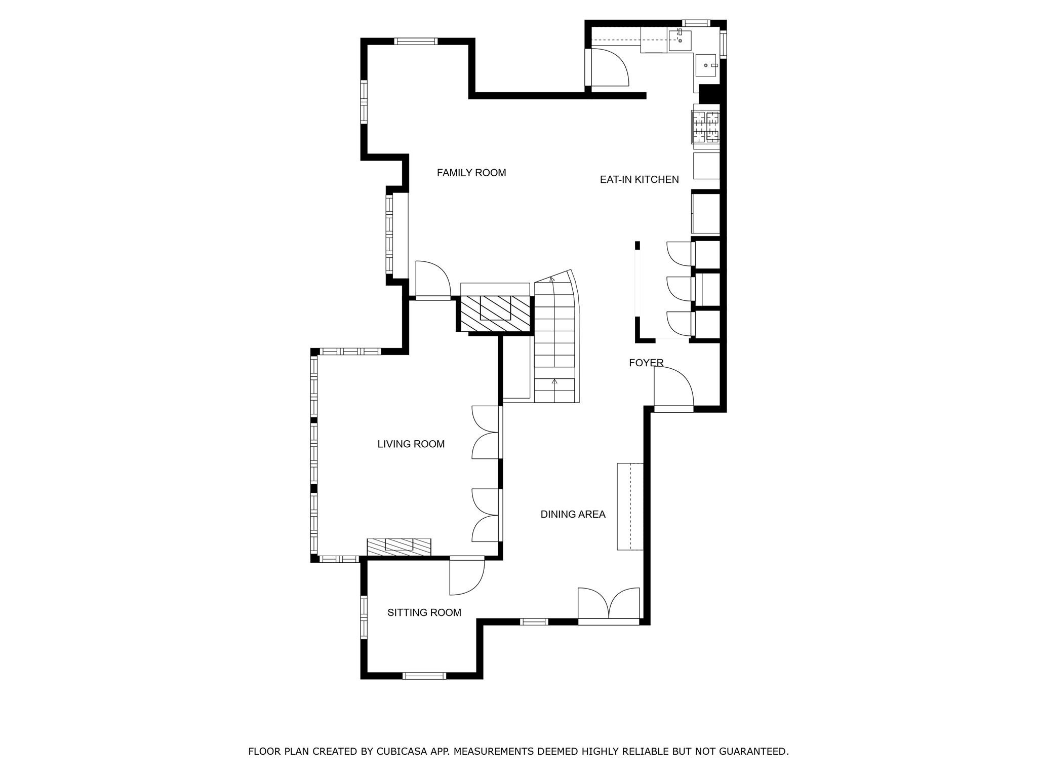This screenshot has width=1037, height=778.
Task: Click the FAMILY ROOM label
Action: (471, 173)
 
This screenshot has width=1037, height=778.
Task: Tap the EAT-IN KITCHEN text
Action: (639, 179)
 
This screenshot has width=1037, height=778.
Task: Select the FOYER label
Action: (646, 363)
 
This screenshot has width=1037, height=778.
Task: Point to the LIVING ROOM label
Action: (411, 444)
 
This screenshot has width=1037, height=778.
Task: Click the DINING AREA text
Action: (573, 515)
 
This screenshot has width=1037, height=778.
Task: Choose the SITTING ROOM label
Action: (424, 613)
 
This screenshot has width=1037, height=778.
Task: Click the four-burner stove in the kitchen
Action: (706, 127)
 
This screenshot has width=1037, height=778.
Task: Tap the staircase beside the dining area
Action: (555, 339)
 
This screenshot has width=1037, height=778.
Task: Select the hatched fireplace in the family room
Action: (495, 314)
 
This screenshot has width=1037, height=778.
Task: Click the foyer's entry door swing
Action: (672, 387)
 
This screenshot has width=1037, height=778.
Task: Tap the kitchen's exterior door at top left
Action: (609, 68)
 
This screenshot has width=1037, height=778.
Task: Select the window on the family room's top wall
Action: (415, 42)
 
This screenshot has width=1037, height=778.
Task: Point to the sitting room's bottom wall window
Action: (424, 675)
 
